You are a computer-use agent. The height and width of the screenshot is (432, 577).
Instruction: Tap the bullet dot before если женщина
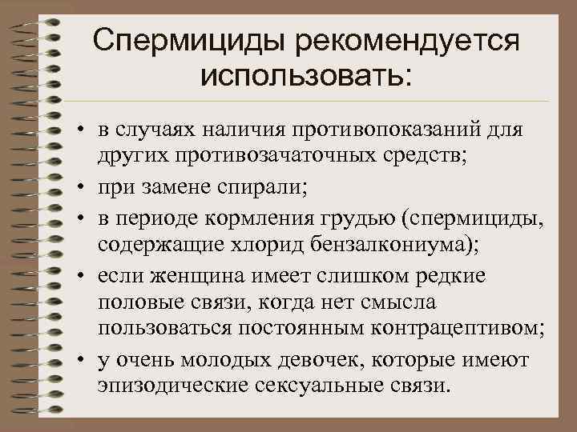(x=83, y=275)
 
